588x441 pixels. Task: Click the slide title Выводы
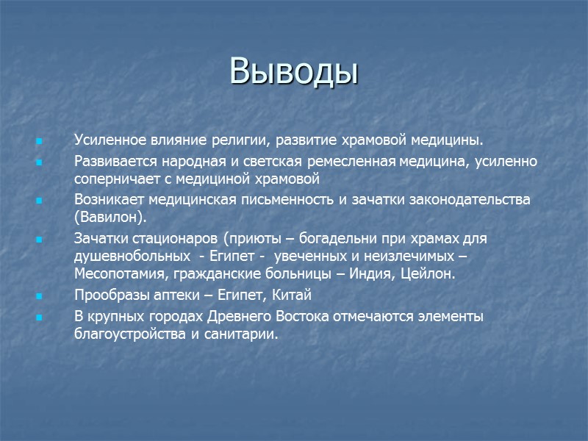click(293, 71)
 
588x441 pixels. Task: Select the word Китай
click(293, 295)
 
